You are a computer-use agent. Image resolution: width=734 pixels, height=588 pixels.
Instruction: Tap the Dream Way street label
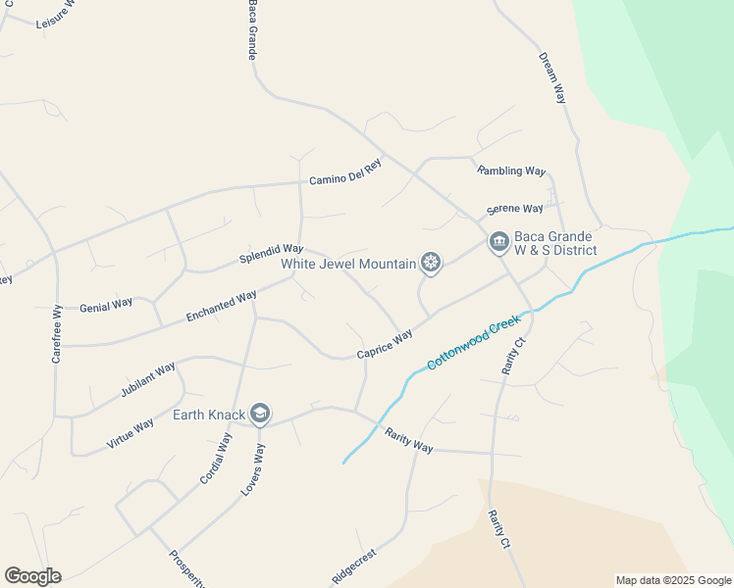552,77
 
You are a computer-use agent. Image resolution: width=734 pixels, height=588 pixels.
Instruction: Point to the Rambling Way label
511,171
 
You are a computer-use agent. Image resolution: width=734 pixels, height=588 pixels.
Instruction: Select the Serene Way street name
515,209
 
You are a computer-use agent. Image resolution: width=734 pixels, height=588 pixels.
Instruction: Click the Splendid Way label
272,253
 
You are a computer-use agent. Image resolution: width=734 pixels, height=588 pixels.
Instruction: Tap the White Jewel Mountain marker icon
429,262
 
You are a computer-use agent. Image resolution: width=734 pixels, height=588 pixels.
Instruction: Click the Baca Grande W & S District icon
498,242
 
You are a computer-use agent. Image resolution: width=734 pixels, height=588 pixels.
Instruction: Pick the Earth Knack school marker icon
260,415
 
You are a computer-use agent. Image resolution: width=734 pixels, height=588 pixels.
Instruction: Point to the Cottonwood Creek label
473,343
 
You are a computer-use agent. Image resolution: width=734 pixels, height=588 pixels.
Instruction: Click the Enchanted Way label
222,306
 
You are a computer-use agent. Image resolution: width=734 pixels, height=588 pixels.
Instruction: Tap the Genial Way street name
106,304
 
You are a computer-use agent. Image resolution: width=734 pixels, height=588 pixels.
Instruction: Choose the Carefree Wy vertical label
57,335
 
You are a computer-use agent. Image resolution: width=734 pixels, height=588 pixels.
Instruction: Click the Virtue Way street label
130,433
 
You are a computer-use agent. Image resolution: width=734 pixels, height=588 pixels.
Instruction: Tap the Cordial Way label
215,458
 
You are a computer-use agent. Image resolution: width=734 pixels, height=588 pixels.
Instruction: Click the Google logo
32,576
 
